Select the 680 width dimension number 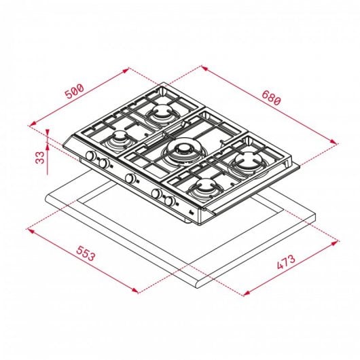(271, 99)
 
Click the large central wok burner (181, 151)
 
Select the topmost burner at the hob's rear (163, 113)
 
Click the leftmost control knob (89, 158)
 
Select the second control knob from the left (104, 164)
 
